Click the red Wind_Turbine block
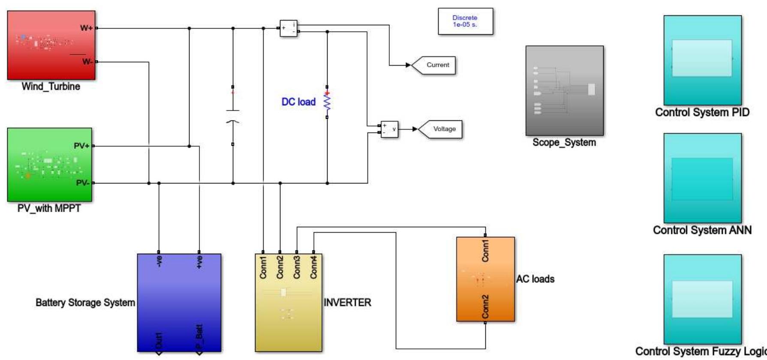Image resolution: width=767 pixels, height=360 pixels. point(51,45)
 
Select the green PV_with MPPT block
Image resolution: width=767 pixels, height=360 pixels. point(49,165)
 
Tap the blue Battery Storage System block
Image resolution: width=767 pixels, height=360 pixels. point(179,302)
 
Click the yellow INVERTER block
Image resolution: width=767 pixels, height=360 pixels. point(288,302)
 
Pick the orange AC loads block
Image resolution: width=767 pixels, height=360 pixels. point(485,279)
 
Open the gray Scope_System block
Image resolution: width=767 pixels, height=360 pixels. point(564,90)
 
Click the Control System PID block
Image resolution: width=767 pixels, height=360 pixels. point(702,60)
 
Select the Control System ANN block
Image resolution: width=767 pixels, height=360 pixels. point(702,178)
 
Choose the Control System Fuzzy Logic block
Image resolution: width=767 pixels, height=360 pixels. point(702,299)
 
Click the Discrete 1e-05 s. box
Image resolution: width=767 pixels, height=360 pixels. point(465,21)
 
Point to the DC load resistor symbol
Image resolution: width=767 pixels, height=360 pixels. point(327,102)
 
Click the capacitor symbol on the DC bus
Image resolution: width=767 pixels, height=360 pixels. point(233,116)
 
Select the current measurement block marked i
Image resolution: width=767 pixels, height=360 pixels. point(289,28)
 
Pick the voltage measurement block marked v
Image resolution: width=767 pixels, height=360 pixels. point(389,129)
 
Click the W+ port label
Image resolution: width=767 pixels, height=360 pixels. point(86,28)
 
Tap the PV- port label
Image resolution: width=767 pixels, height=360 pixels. point(83,183)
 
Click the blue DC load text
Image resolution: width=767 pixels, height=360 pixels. point(298,102)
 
